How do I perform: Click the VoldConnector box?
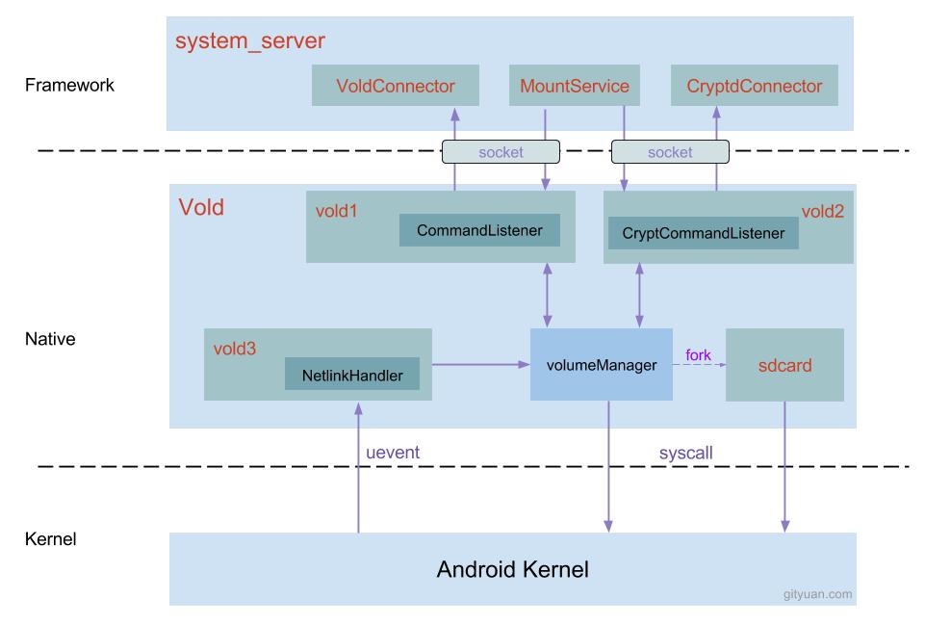click(395, 87)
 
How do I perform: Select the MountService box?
click(574, 87)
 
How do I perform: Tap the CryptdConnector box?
click(755, 87)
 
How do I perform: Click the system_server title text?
click(249, 40)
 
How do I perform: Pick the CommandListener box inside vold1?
click(479, 230)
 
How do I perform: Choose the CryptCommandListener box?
click(703, 233)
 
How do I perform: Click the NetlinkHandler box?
click(351, 374)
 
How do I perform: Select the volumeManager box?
click(601, 364)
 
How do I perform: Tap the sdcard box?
click(784, 365)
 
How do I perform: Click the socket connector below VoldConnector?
click(501, 151)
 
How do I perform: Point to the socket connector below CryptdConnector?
click(670, 151)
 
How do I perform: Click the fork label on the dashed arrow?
click(698, 355)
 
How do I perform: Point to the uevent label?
click(392, 452)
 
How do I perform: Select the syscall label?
click(685, 452)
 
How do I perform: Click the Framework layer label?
click(69, 85)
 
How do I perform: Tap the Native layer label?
click(50, 339)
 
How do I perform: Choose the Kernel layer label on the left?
click(50, 538)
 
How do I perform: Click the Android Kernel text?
click(512, 568)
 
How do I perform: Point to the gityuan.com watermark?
click(817, 594)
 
